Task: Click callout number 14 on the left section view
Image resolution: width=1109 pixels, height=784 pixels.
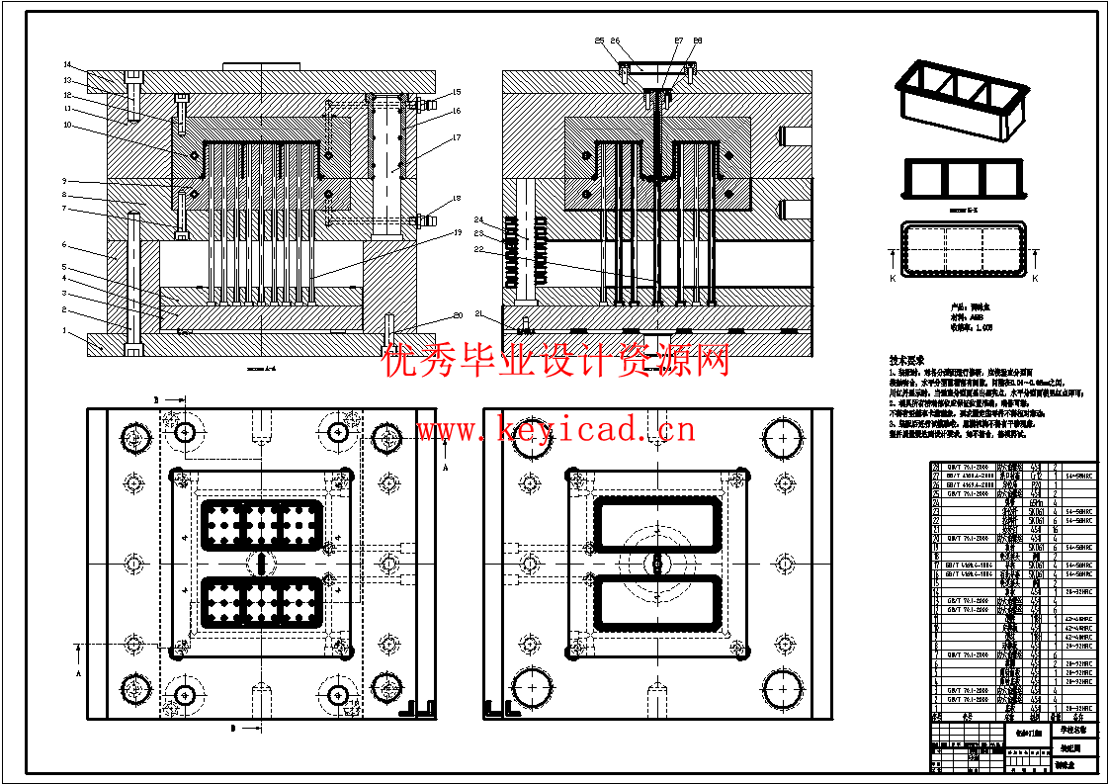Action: (68, 64)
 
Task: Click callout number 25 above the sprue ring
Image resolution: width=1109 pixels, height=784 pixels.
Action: (599, 41)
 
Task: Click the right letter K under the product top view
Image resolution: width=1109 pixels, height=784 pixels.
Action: (1035, 279)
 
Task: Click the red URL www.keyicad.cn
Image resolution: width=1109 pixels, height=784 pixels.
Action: (555, 430)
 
